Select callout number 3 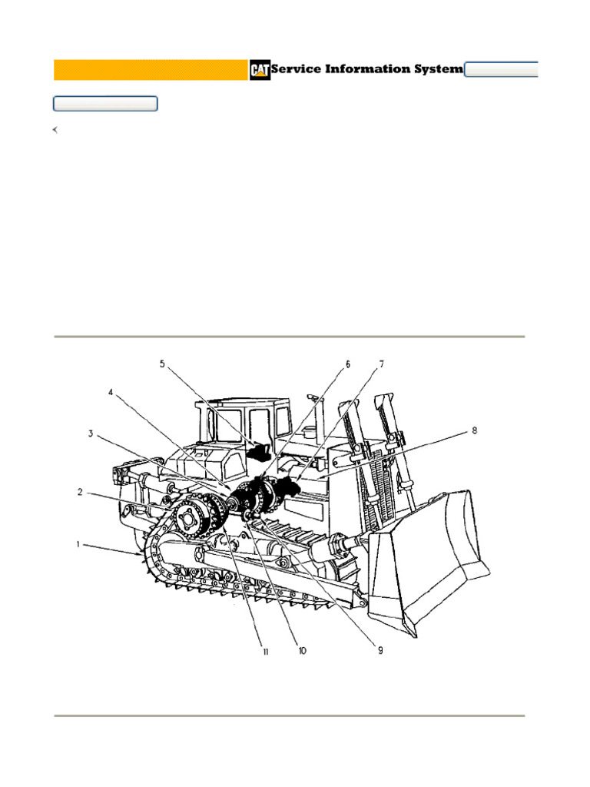point(91,433)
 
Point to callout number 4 point(111,392)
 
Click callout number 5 point(162,364)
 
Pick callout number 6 point(347,364)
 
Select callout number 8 point(475,430)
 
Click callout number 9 point(379,650)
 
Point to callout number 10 point(302,650)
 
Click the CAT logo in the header point(259,70)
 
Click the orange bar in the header point(151,70)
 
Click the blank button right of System point(502,70)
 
